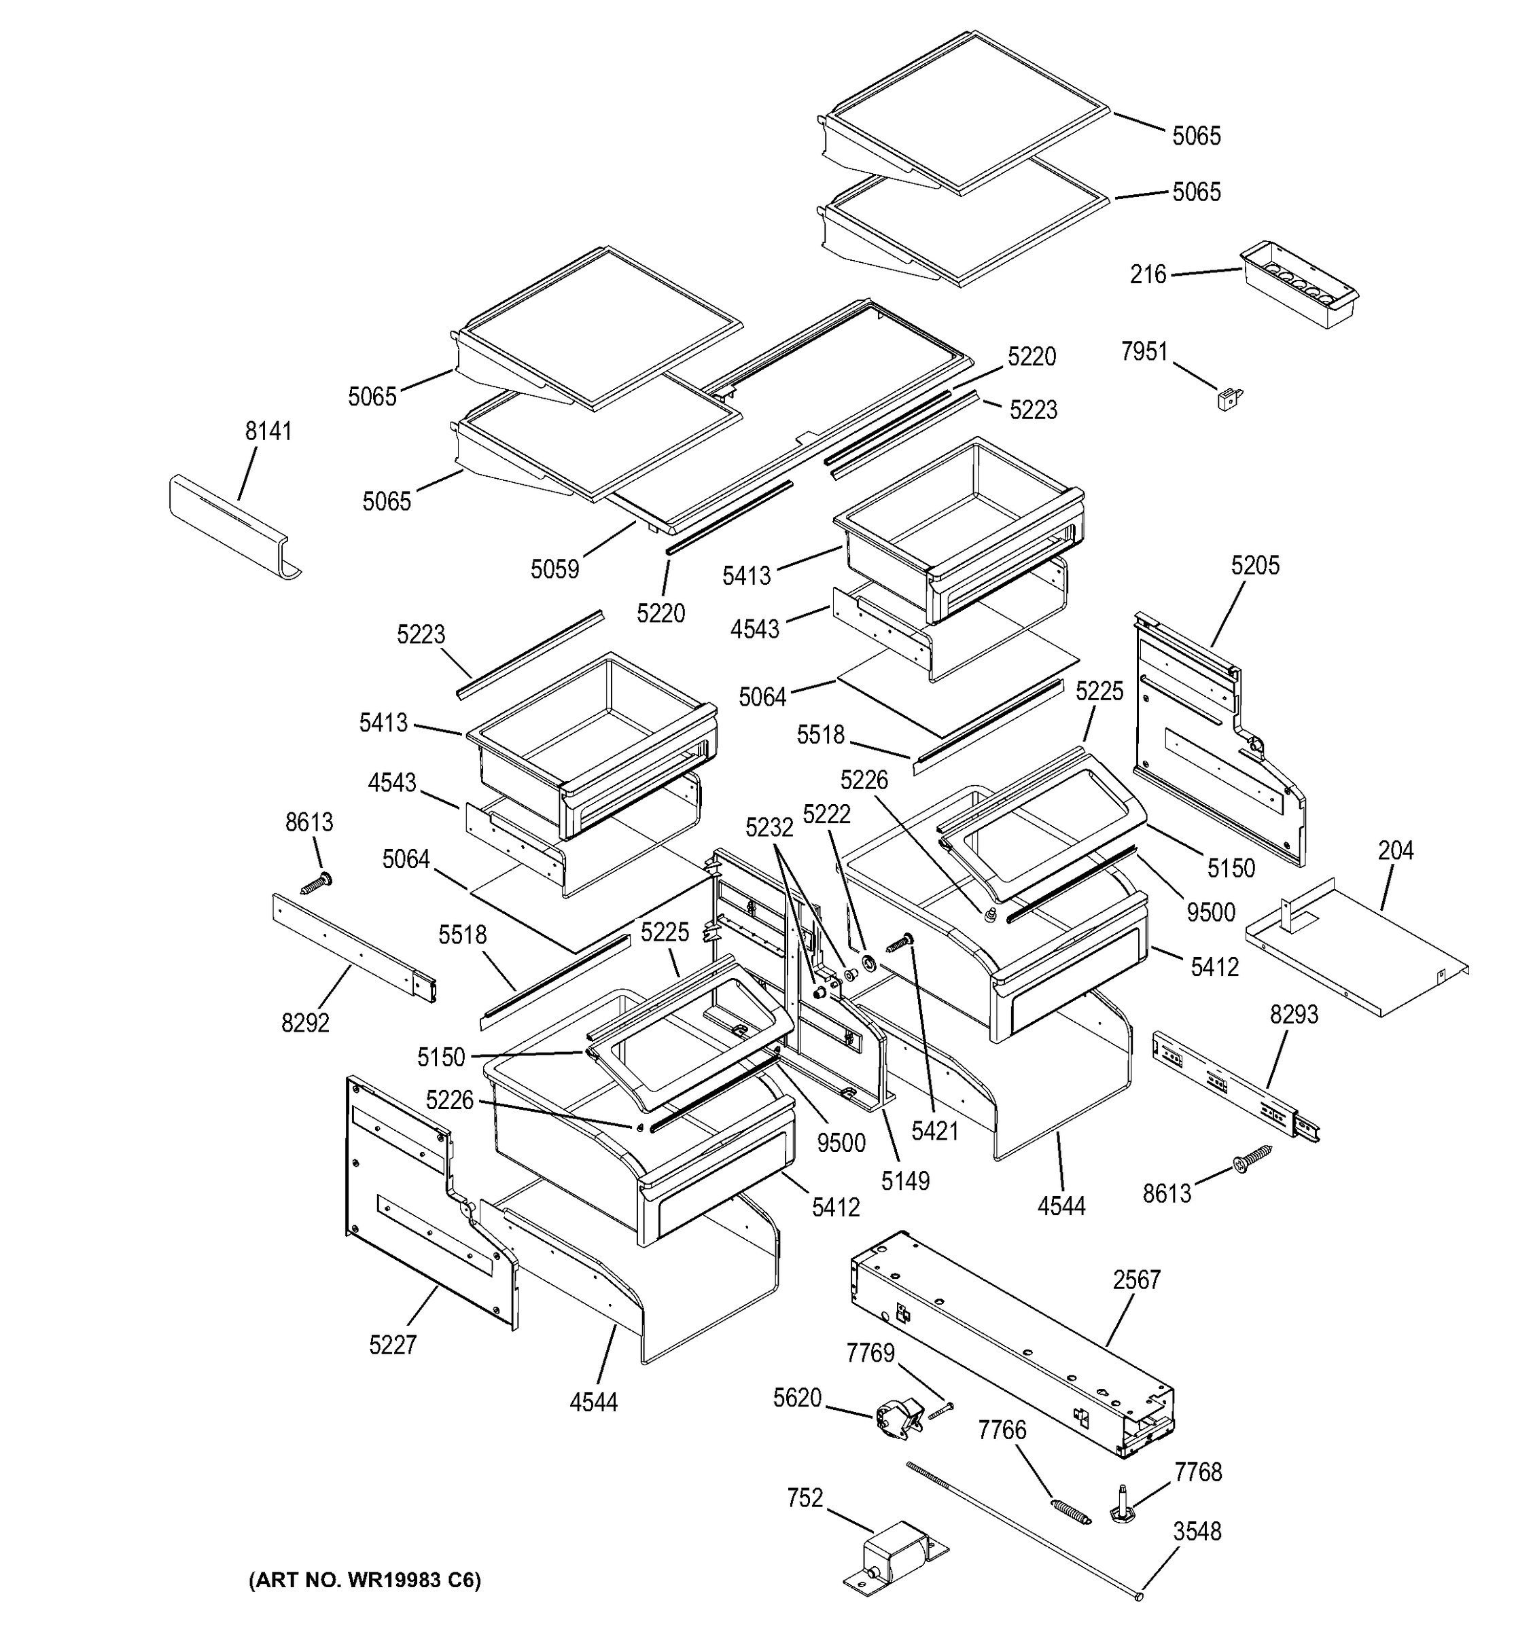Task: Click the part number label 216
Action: (x=1148, y=274)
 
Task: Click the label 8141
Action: (x=268, y=431)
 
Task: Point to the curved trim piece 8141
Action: (x=234, y=525)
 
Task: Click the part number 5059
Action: (x=554, y=569)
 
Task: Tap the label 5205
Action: (x=1255, y=565)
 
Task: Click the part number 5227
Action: (x=393, y=1345)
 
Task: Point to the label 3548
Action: (x=1197, y=1531)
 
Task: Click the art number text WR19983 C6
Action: (x=364, y=1580)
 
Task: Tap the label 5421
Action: (x=935, y=1131)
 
